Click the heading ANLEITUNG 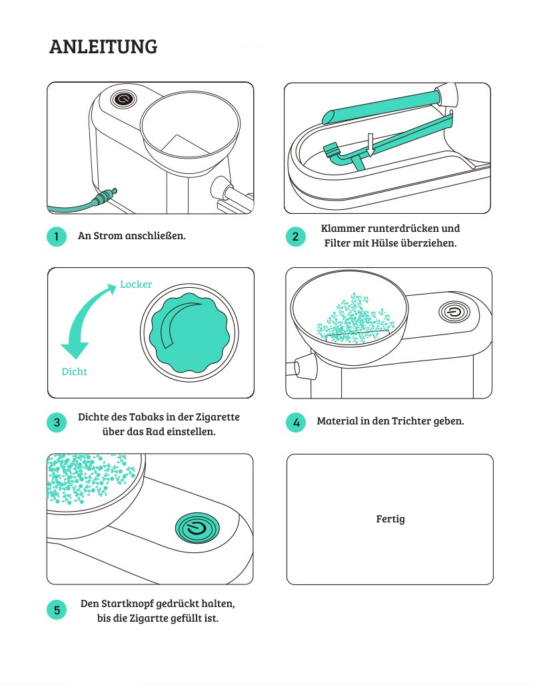pos(103,47)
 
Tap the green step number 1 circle pos(57,237)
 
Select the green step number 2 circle pos(296,237)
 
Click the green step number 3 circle pos(57,422)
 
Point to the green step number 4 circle pos(296,422)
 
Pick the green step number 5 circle pos(57,610)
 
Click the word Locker pos(136,285)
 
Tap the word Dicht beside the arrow pos(74,372)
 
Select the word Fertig pos(390,519)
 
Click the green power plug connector pos(105,197)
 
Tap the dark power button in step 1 pos(123,99)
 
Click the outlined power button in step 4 pos(454,313)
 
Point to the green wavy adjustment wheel pos(190,333)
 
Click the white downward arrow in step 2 pos(370,145)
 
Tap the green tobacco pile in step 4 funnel pos(354,317)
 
